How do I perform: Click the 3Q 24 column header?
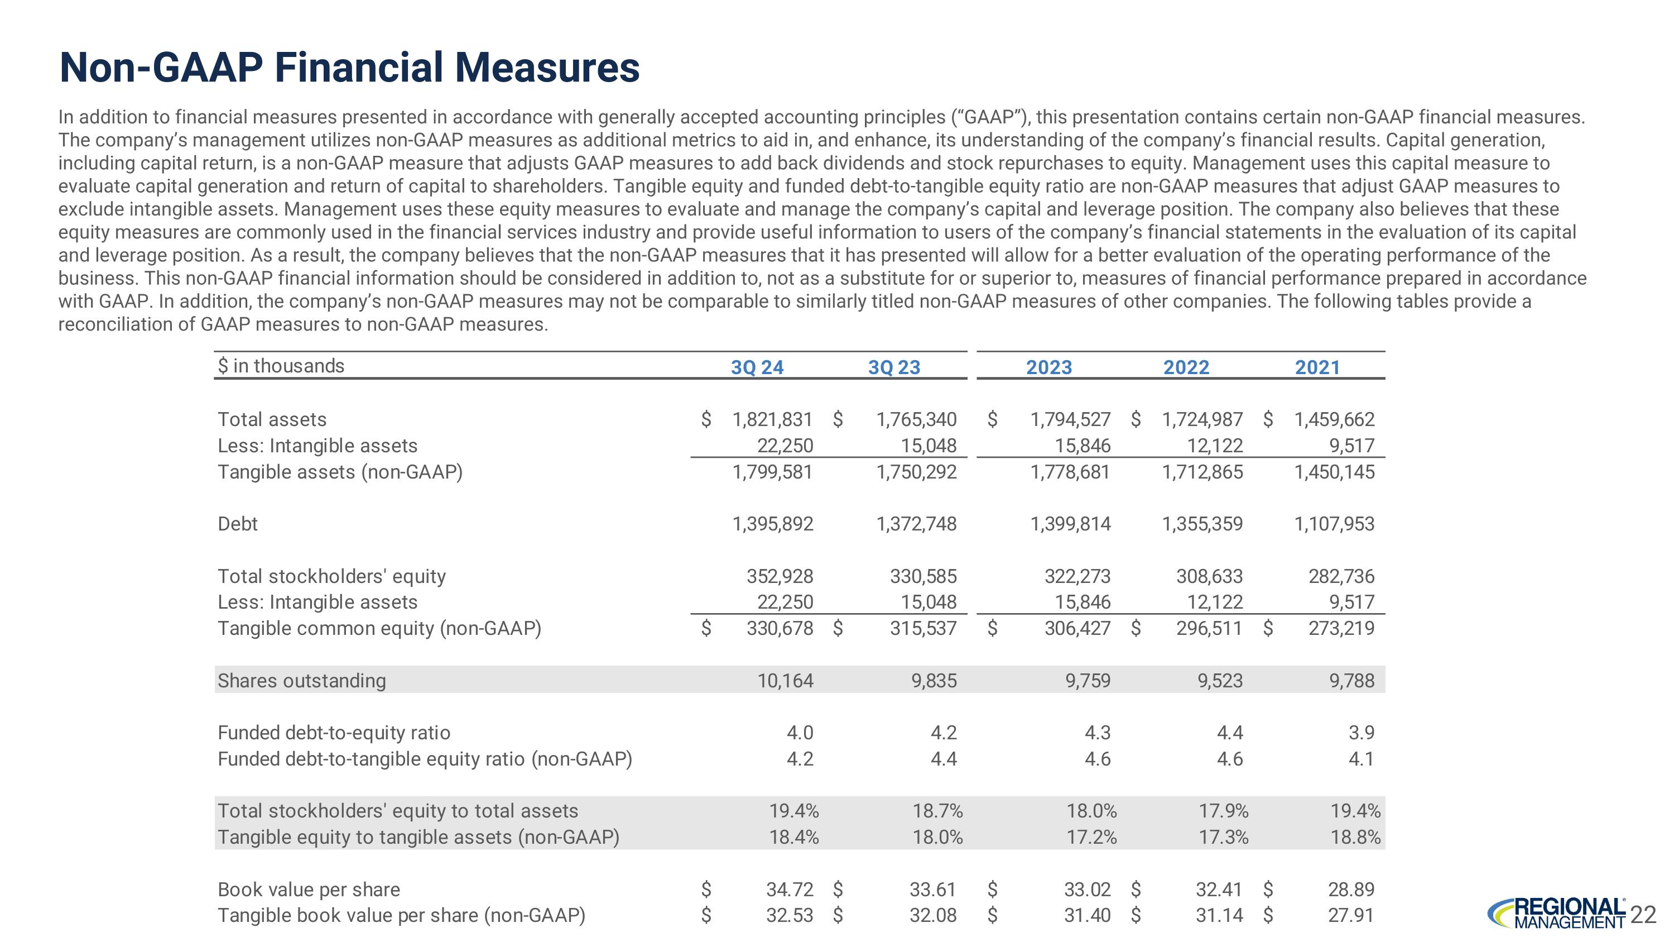point(757,367)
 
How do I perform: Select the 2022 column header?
point(1186,367)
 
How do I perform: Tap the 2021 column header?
point(1317,367)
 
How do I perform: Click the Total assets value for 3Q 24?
point(773,419)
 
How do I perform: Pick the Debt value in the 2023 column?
point(1070,523)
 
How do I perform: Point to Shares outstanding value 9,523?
point(1220,680)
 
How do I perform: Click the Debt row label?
point(237,523)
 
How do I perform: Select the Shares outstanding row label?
point(301,680)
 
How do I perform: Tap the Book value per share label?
point(309,889)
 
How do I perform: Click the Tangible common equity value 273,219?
point(1341,628)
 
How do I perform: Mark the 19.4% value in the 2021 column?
point(1355,811)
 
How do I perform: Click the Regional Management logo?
point(1557,914)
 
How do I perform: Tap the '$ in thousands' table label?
point(281,365)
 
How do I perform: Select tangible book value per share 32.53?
point(790,915)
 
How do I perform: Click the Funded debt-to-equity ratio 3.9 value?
point(1362,733)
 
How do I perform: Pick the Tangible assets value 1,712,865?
point(1202,471)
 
